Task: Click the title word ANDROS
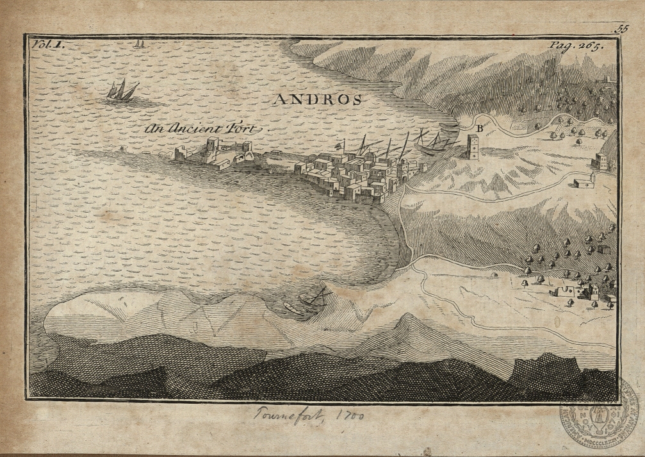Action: coord(318,99)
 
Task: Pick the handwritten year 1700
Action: coord(350,416)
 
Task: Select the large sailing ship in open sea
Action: coord(122,91)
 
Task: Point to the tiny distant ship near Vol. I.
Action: coord(138,44)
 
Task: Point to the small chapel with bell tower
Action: coord(584,182)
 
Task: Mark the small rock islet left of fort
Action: coord(123,148)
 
